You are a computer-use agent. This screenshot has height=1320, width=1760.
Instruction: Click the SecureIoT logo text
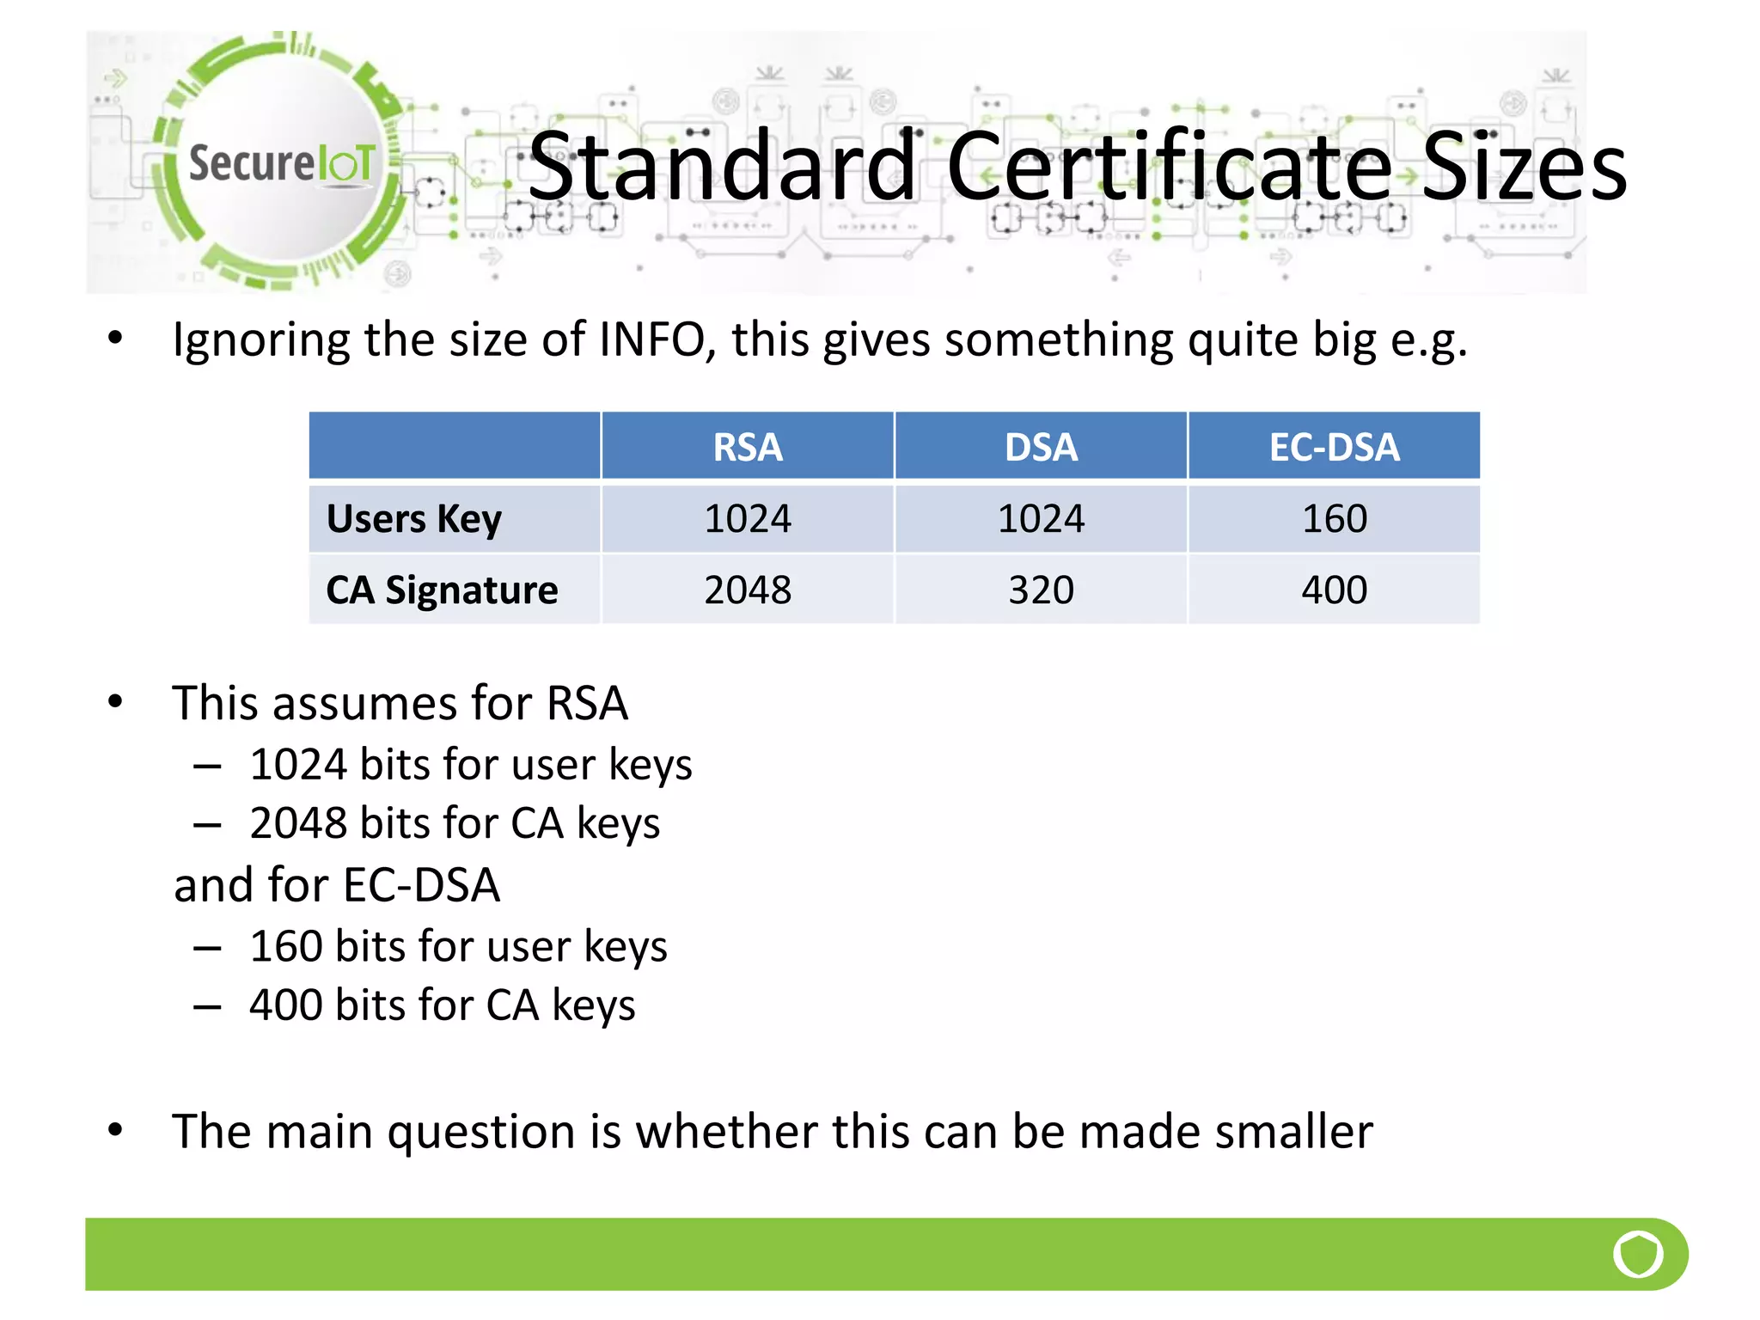coord(281,162)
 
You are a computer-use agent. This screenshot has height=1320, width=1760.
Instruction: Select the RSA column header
coord(747,447)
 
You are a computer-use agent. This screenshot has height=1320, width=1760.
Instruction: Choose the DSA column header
coord(1041,447)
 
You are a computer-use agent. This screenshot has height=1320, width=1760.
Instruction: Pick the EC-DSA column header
coord(1334,447)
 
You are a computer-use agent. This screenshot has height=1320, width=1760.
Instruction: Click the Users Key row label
coord(414,519)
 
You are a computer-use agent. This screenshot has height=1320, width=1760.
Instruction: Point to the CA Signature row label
coord(442,590)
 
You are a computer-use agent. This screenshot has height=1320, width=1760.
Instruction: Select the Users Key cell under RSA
coord(747,519)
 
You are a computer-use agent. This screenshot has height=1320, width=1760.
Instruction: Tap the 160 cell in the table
coord(1334,519)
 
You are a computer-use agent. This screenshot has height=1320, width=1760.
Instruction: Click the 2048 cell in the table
coord(747,590)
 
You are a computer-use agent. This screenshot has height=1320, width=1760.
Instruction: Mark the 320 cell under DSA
coord(1041,590)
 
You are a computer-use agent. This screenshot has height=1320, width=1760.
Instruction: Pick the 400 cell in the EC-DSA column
coord(1334,590)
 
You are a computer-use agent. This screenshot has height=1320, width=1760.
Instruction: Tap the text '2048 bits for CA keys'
coord(454,823)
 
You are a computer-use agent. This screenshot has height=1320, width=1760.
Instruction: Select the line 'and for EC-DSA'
coord(337,885)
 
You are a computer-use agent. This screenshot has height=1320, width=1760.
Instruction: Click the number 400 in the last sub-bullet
coord(285,1005)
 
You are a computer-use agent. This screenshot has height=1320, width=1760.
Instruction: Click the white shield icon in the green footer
coord(1638,1254)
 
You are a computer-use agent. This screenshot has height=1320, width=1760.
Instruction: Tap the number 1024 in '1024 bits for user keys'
coord(298,764)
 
